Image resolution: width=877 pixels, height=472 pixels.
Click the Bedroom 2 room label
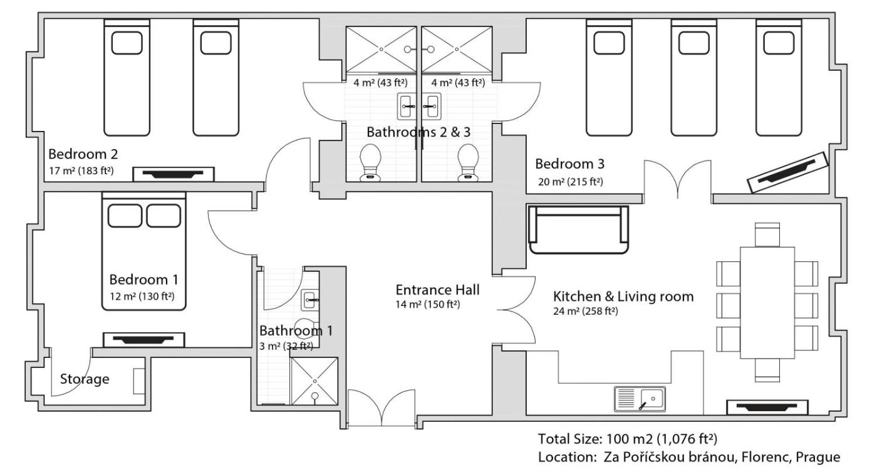coord(83,154)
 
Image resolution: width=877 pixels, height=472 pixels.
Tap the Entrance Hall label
coord(437,290)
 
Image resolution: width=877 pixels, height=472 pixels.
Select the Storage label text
coord(85,379)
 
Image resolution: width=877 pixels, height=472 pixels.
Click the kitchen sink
coord(640,399)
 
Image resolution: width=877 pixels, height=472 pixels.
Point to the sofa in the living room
coord(578,229)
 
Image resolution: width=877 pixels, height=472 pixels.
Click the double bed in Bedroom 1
coord(143,251)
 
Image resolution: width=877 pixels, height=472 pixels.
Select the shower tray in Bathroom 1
coord(314,380)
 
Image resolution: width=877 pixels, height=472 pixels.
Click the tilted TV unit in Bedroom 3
coord(788,172)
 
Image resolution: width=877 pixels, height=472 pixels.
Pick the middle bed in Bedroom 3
coord(694,78)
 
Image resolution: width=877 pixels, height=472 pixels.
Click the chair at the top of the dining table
coord(767,234)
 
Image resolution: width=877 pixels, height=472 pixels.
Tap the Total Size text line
coord(628,439)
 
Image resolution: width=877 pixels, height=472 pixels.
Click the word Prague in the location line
coord(818,457)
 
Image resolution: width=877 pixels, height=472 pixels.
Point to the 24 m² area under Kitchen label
coord(585,312)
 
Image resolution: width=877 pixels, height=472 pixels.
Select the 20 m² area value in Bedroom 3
coord(571,182)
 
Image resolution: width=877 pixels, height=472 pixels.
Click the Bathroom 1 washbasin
coord(311,300)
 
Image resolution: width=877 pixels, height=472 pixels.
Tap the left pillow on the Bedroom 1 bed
coord(125,216)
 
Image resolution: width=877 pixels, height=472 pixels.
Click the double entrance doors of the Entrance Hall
coord(381,409)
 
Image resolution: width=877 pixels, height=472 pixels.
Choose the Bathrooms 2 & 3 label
coord(418,132)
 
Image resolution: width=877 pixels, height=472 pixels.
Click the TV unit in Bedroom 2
coord(174,174)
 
